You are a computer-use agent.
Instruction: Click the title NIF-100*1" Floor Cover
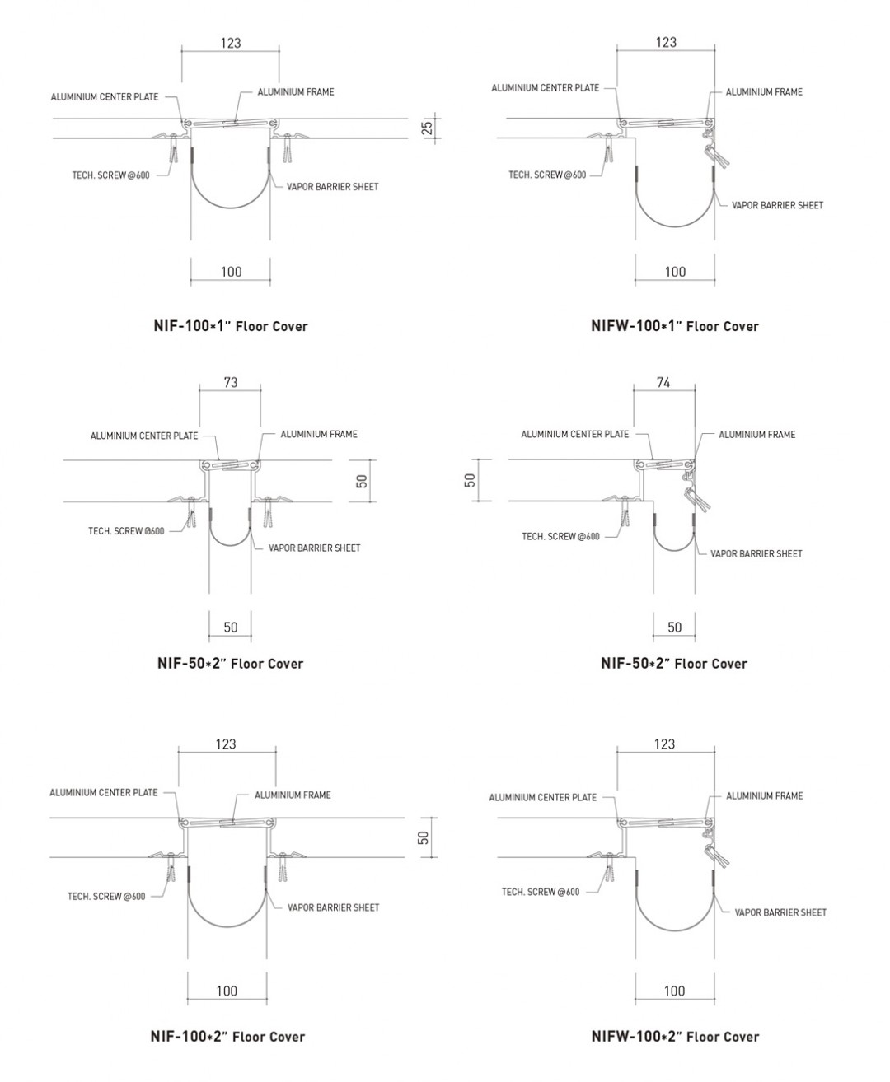click(x=231, y=326)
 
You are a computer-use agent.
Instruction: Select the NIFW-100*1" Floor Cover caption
click(x=675, y=326)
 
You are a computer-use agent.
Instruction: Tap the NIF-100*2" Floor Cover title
click(x=227, y=1037)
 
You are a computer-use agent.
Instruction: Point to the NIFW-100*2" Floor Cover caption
click(x=676, y=1037)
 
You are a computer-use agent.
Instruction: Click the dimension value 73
click(x=231, y=382)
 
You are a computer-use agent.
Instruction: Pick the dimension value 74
click(x=663, y=382)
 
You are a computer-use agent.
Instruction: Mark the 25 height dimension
click(x=427, y=128)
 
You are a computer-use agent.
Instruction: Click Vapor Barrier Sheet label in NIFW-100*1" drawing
click(x=777, y=205)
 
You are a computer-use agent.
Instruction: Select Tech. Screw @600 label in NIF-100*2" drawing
click(x=106, y=896)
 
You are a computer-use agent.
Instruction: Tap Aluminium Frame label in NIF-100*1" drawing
click(x=296, y=92)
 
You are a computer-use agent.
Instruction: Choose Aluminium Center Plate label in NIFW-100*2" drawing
click(x=543, y=797)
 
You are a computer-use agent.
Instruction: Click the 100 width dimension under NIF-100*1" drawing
click(x=231, y=272)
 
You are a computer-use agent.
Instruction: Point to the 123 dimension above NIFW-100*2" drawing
click(x=664, y=744)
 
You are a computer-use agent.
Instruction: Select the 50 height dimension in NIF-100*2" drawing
click(x=424, y=837)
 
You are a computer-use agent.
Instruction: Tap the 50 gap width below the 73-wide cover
click(x=231, y=627)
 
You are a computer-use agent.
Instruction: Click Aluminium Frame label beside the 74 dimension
click(x=757, y=435)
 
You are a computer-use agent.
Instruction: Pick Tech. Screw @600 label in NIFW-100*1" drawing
click(x=547, y=175)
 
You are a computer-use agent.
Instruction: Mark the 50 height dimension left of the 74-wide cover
click(x=470, y=480)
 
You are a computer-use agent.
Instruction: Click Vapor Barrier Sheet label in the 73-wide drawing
click(x=314, y=548)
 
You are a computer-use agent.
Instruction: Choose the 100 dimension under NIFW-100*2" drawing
click(x=674, y=991)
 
